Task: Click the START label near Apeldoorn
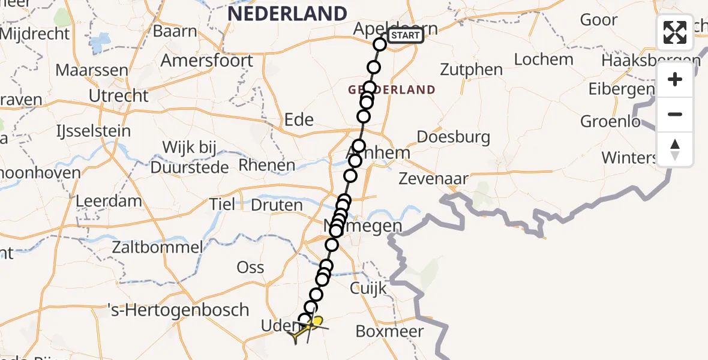click(406, 36)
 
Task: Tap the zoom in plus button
click(675, 80)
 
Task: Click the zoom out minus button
click(675, 115)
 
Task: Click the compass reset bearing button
click(675, 149)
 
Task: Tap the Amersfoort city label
click(206, 61)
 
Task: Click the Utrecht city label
click(118, 96)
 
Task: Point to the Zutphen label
click(471, 70)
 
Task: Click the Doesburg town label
click(453, 137)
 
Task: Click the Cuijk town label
click(368, 289)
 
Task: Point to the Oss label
click(250, 268)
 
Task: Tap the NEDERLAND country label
click(287, 13)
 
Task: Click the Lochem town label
click(544, 59)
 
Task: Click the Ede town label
click(299, 119)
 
